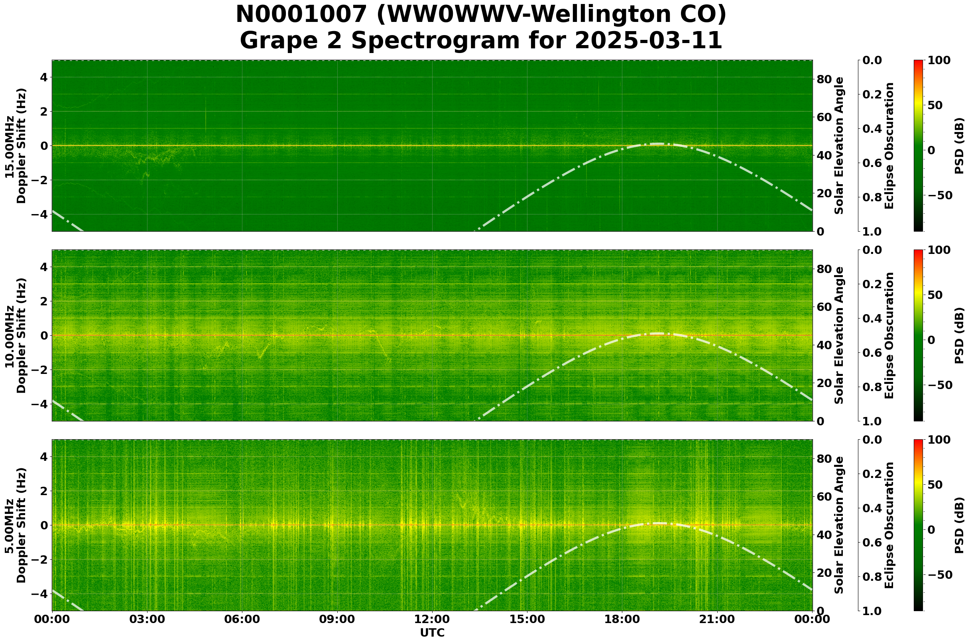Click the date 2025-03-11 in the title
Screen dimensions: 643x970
point(647,41)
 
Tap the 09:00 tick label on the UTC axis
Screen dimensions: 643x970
point(337,619)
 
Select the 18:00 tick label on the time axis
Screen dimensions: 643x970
point(622,619)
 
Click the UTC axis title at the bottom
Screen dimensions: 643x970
point(432,633)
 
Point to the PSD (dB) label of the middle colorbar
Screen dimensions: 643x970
point(959,335)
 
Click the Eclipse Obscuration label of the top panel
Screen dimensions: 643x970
point(889,146)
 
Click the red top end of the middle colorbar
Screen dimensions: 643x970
point(918,252)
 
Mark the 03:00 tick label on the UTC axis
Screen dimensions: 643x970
point(147,619)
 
